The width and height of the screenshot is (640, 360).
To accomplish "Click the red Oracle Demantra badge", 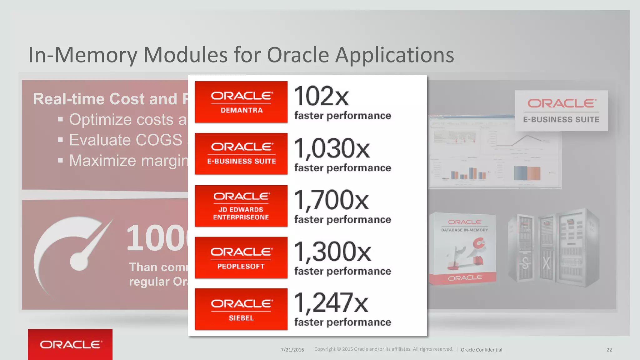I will (x=241, y=102).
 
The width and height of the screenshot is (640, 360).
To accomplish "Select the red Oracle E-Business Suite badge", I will (x=241, y=153).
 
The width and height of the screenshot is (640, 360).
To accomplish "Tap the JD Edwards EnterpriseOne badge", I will (x=241, y=206).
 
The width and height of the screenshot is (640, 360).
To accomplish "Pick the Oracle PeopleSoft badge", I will (x=241, y=257).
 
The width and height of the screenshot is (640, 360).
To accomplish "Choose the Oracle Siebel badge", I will (x=241, y=309).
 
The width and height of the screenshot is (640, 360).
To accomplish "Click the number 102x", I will (x=321, y=96).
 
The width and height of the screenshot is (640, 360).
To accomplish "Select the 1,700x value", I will (x=331, y=200).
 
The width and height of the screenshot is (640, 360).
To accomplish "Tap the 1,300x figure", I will (x=332, y=252).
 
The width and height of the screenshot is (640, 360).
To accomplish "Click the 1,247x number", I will (x=331, y=303).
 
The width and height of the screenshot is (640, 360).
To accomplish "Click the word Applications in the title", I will (x=394, y=55).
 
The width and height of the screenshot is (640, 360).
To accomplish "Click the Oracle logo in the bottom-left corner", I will (x=70, y=344).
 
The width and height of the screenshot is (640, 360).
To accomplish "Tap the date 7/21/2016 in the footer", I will (x=292, y=350).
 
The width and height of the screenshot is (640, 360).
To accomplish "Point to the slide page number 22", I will (x=609, y=350).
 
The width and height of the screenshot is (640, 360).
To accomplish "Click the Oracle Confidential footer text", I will (x=481, y=350).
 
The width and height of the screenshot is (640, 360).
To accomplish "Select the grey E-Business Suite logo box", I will (x=561, y=111).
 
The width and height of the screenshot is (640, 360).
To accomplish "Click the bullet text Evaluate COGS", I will (x=125, y=140).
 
